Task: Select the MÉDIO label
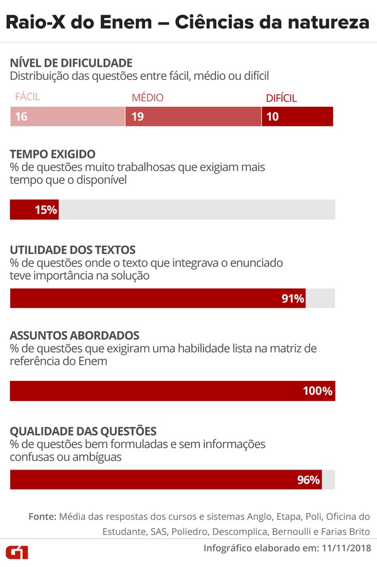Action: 147,97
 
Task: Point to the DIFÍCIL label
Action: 281,97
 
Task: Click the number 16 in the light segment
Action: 21,116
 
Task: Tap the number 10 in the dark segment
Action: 273,116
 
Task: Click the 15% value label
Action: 46,210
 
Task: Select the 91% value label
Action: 293,299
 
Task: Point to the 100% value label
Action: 317,391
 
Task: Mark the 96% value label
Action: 309,480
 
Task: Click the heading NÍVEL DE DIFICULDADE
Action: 71,63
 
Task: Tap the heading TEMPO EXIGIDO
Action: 53,154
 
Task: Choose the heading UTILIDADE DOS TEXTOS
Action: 73,250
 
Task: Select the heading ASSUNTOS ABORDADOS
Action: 74,336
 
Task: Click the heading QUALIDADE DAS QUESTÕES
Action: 83,431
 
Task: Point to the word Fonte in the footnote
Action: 42,516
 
